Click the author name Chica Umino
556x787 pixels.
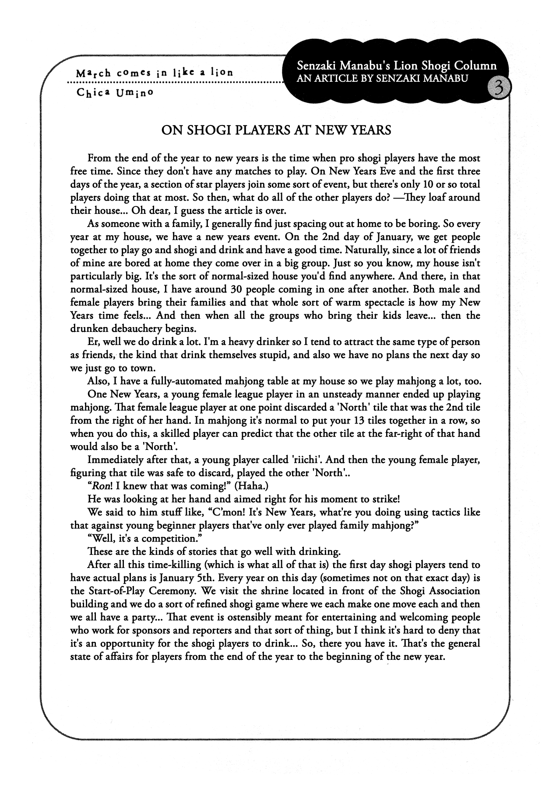[x=115, y=92]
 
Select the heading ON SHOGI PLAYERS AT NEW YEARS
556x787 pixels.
[x=276, y=130]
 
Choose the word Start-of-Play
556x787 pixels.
[x=116, y=591]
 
